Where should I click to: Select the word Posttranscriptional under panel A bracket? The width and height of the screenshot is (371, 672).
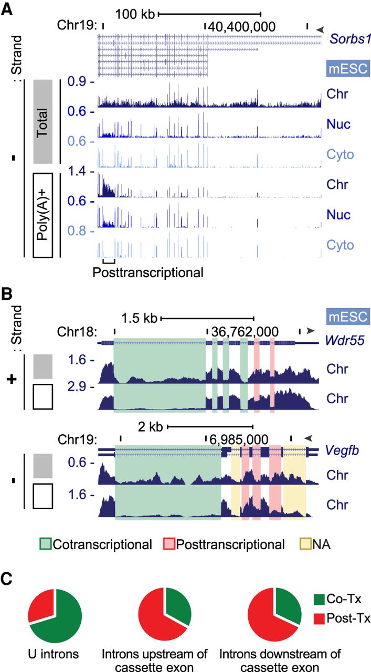147,273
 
